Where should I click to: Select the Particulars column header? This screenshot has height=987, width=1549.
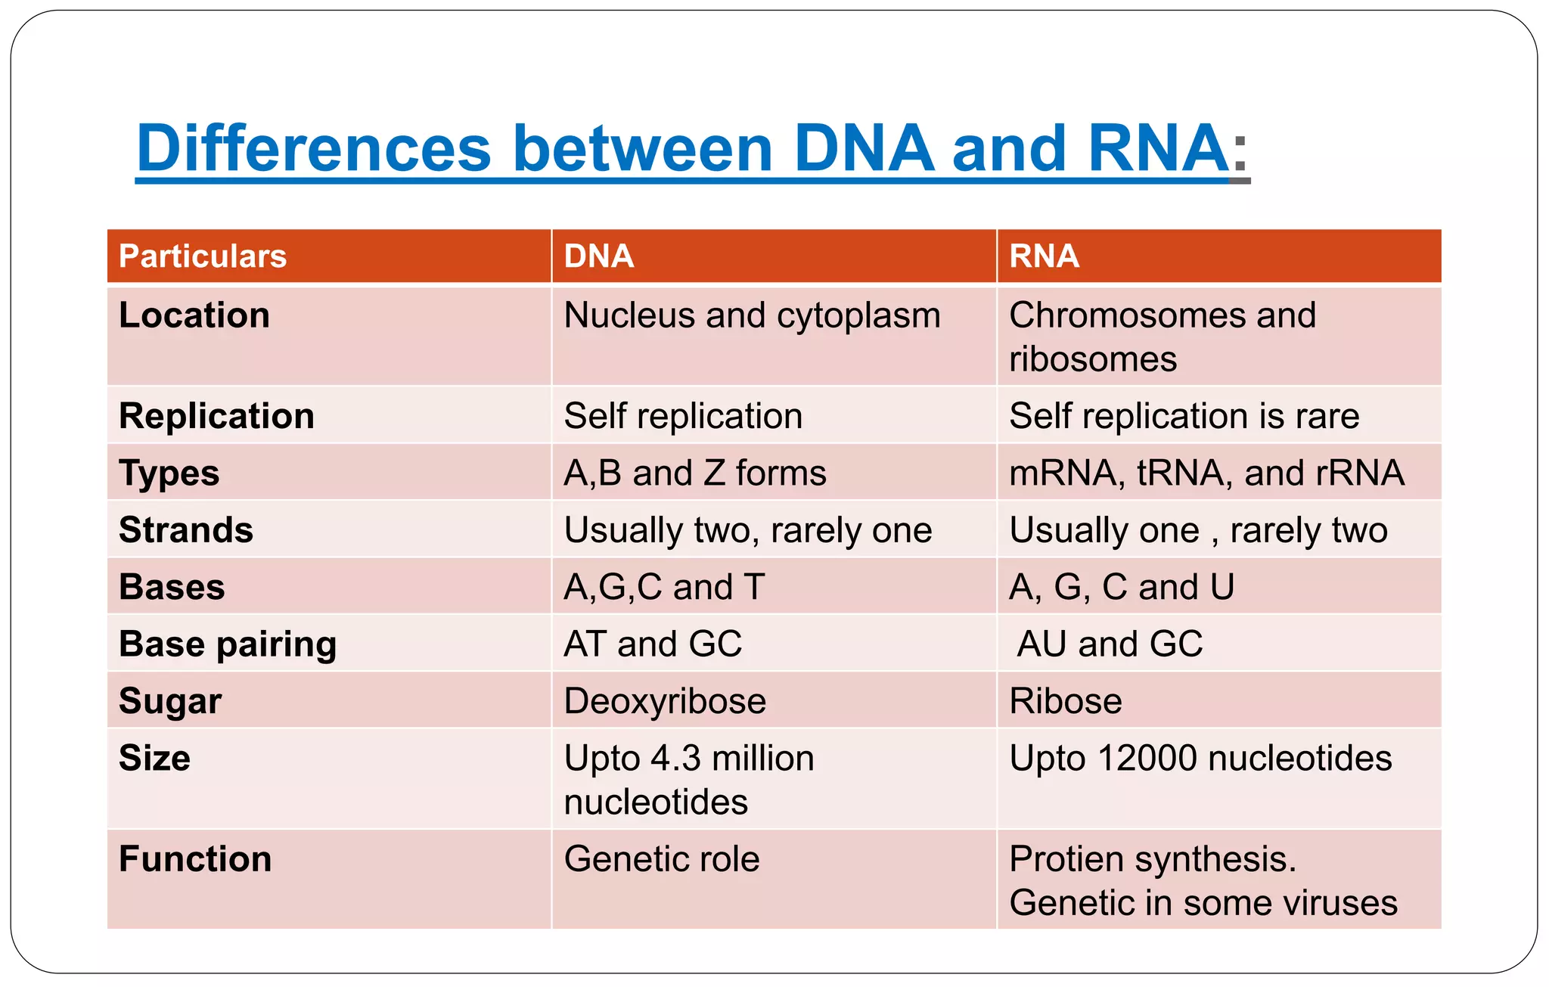coord(203,256)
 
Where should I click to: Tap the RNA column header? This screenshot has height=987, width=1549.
coord(1044,256)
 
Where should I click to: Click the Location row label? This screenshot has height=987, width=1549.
coord(194,315)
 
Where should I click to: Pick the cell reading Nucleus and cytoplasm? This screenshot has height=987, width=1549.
coord(752,315)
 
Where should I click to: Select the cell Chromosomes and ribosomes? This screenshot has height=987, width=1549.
coord(1162,337)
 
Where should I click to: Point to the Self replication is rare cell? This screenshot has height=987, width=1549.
coord(1184,416)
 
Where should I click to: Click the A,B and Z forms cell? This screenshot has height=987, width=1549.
coord(694,473)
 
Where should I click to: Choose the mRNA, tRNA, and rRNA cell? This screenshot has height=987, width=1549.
coord(1206,473)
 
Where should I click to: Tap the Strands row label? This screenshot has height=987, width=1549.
coord(186,530)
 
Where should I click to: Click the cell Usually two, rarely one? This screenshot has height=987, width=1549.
coord(747,530)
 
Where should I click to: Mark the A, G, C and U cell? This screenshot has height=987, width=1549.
coord(1121,588)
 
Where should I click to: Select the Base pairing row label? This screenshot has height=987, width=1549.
coord(228,644)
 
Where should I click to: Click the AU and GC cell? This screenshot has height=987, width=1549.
coord(1110,644)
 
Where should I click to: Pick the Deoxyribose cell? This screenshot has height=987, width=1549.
coord(665,701)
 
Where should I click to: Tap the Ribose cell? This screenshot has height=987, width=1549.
coord(1065,701)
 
